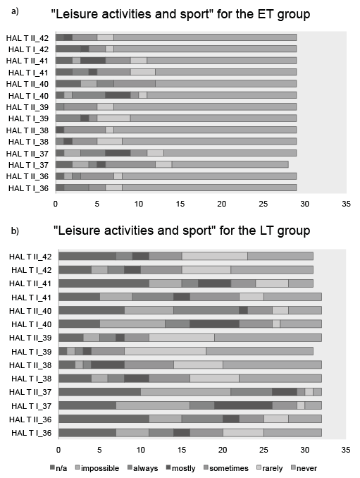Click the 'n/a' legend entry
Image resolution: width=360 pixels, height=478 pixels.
pyautogui.click(x=58, y=468)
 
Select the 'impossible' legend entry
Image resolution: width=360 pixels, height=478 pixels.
pyautogui.click(x=97, y=468)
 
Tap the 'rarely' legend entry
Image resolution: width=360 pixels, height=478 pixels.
pyautogui.click(x=270, y=468)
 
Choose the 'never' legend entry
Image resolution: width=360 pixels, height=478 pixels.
pyautogui.click(x=304, y=468)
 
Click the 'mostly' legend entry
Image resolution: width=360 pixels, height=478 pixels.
pyautogui.click(x=181, y=468)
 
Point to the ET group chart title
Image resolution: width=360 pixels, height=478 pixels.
pyautogui.click(x=180, y=14)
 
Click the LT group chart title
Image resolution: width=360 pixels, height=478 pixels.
pyautogui.click(x=182, y=230)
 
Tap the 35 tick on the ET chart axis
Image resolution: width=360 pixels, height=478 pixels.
pyautogui.click(x=346, y=204)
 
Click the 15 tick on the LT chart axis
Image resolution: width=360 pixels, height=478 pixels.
pyautogui.click(x=182, y=450)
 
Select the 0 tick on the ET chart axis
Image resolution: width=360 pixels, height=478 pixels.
pyautogui.click(x=56, y=204)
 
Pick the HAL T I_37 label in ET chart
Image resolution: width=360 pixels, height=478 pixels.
pyautogui.click(x=28, y=165)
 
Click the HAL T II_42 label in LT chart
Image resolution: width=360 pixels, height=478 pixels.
pyautogui.click(x=30, y=257)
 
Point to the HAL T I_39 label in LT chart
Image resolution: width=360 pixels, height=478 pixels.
pyautogui.click(x=32, y=352)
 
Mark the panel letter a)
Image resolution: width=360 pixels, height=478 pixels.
pyautogui.click(x=15, y=11)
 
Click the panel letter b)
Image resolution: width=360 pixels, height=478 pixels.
pyautogui.click(x=15, y=231)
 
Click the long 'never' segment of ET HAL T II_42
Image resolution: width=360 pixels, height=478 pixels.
pyautogui.click(x=205, y=37)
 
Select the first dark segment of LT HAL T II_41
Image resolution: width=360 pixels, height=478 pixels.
pyautogui.click(x=104, y=283)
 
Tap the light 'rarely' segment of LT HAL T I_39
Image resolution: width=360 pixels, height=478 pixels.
pyautogui.click(x=165, y=351)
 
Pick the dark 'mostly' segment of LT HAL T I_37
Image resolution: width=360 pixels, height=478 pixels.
pyautogui.click(x=243, y=405)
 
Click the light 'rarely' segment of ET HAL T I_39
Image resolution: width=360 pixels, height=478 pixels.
pyautogui.click(x=113, y=118)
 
